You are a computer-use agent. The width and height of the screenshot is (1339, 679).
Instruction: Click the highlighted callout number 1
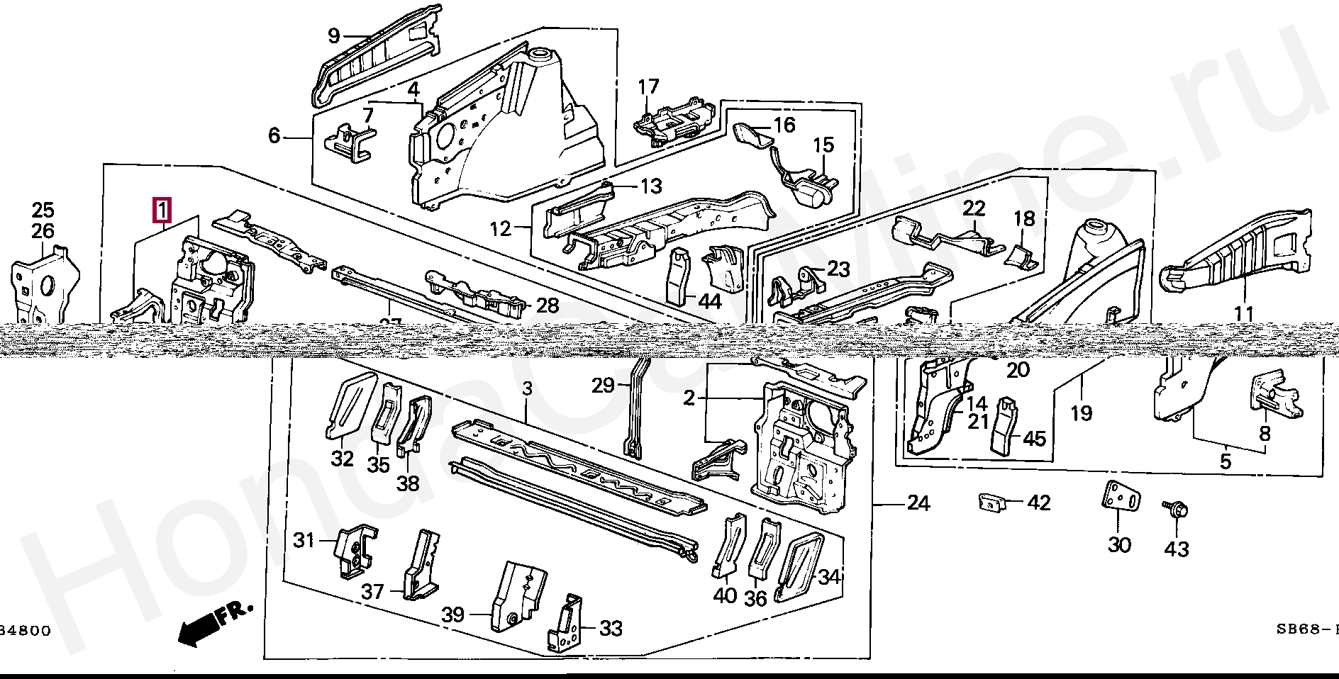162,211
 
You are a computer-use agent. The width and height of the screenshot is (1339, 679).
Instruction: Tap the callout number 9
334,35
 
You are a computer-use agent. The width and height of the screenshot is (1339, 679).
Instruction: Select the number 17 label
648,88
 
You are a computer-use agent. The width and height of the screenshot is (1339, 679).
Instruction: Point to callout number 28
548,306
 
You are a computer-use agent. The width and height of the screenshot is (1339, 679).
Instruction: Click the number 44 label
709,302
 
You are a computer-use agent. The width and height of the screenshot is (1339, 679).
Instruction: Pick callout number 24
918,503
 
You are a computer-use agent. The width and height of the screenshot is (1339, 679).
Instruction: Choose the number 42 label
1039,503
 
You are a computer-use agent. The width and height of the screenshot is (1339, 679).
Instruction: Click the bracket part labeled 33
565,624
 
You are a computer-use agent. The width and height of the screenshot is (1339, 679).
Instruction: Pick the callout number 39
454,614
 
